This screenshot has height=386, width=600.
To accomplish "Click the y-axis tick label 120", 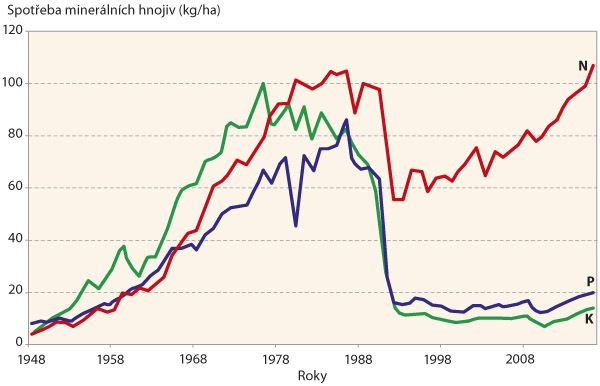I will pyautogui.click(x=13, y=31).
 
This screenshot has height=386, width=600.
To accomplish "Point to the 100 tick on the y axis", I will pyautogui.click(x=13, y=83).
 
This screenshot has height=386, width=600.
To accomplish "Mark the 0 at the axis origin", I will pyautogui.click(x=20, y=344).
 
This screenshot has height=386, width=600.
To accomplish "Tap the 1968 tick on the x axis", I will pyautogui.click(x=193, y=357).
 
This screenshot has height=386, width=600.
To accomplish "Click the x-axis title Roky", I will pyautogui.click(x=312, y=375).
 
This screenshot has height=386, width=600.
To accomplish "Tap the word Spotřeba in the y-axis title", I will pyautogui.click(x=32, y=11).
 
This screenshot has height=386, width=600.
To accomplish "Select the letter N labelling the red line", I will pyautogui.click(x=583, y=66).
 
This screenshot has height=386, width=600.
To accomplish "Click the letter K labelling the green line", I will pyautogui.click(x=590, y=317).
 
